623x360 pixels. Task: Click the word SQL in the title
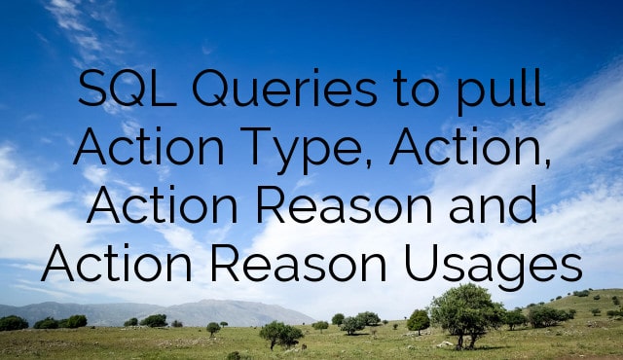point(128,93)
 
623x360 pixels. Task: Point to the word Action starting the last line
point(104,263)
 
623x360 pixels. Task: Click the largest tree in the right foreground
point(466,309)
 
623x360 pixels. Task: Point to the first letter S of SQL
point(92,93)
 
